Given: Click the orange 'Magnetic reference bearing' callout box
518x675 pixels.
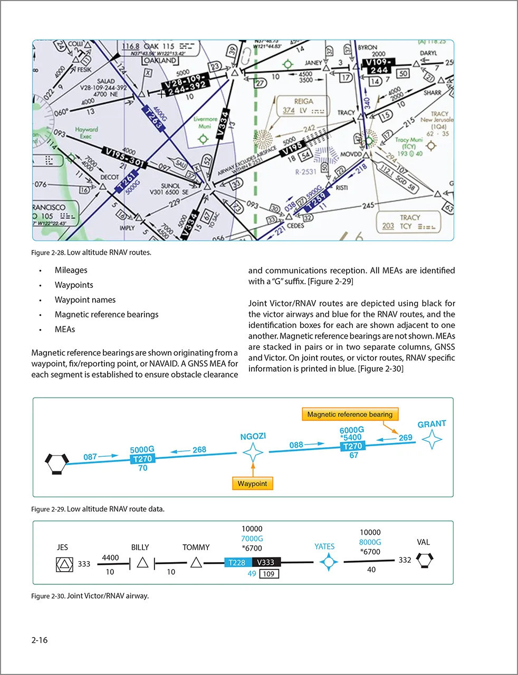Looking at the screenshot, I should pyautogui.click(x=350, y=414).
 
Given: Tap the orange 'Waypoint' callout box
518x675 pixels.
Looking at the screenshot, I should pyautogui.click(x=252, y=484).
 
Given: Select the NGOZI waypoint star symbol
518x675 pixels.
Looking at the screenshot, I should pyautogui.click(x=253, y=452).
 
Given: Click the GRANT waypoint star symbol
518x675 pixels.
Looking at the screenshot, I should pyautogui.click(x=431, y=439).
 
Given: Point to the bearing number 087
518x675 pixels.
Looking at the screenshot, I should pyautogui.click(x=90, y=457).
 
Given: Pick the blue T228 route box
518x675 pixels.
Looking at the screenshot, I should pyautogui.click(x=238, y=563).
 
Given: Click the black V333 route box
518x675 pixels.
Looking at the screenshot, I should pyautogui.click(x=266, y=563).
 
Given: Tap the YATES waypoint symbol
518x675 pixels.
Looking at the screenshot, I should pyautogui.click(x=329, y=563).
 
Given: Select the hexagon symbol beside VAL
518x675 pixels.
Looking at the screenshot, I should pyautogui.click(x=425, y=560).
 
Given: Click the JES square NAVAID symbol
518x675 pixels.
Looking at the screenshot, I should pyautogui.click(x=64, y=564).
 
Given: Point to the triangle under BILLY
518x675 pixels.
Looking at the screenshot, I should pyautogui.click(x=142, y=563).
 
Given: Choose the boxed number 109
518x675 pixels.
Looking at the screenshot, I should pyautogui.click(x=269, y=574).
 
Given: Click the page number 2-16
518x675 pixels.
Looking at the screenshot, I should pyautogui.click(x=40, y=640).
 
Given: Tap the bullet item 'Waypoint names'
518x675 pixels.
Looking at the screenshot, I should pyautogui.click(x=85, y=300).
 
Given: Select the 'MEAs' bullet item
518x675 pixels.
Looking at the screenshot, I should pyautogui.click(x=65, y=329).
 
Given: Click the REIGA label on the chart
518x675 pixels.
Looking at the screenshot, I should pyautogui.click(x=303, y=101).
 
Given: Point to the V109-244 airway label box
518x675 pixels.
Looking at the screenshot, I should pyautogui.click(x=378, y=66).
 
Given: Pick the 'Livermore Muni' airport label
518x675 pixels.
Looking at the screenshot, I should pyautogui.click(x=205, y=123).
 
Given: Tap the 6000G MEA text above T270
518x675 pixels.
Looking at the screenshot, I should pyautogui.click(x=351, y=430).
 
